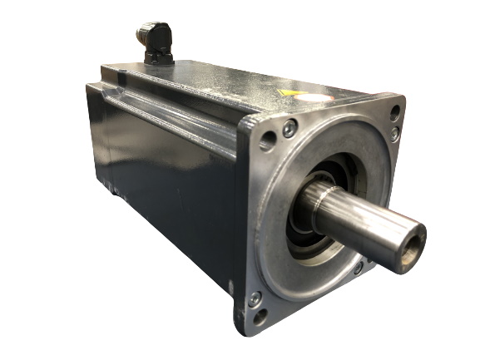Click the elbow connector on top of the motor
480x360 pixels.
coord(156,37)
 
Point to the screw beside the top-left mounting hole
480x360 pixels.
coord(289,128)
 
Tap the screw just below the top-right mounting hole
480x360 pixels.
coord(394,133)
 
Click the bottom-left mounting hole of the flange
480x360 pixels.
coord(260,317)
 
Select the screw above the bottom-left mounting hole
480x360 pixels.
coord(255,298)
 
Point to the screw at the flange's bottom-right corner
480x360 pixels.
coord(359,268)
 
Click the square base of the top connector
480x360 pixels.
coord(158,58)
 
